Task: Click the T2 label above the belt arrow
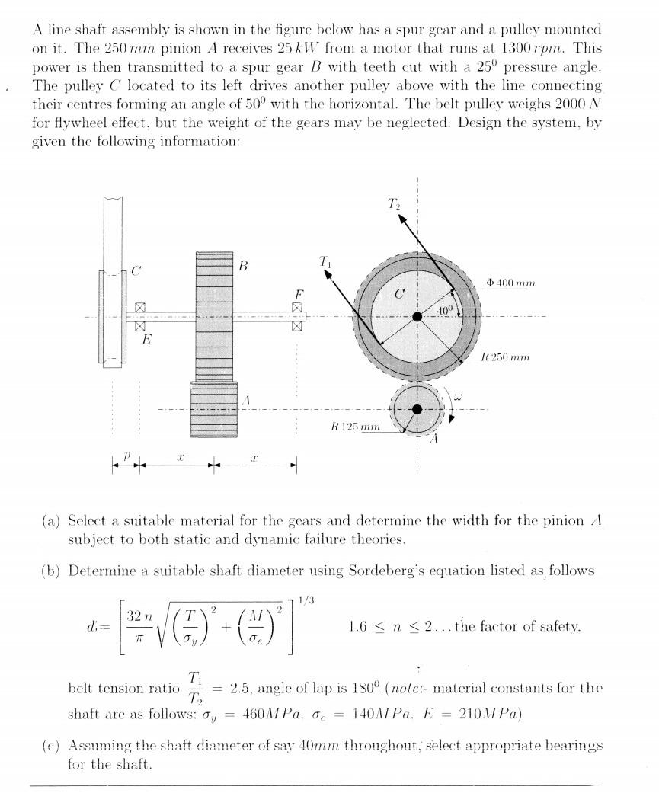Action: click(393, 204)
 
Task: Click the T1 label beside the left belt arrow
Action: click(325, 263)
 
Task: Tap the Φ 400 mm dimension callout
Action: click(510, 283)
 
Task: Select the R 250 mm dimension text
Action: click(506, 357)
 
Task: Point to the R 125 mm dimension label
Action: click(355, 427)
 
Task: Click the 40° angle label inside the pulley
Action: click(446, 309)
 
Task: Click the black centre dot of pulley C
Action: click(417, 317)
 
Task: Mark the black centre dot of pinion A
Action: click(417, 410)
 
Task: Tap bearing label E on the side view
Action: click(148, 341)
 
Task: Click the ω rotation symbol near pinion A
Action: click(457, 396)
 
